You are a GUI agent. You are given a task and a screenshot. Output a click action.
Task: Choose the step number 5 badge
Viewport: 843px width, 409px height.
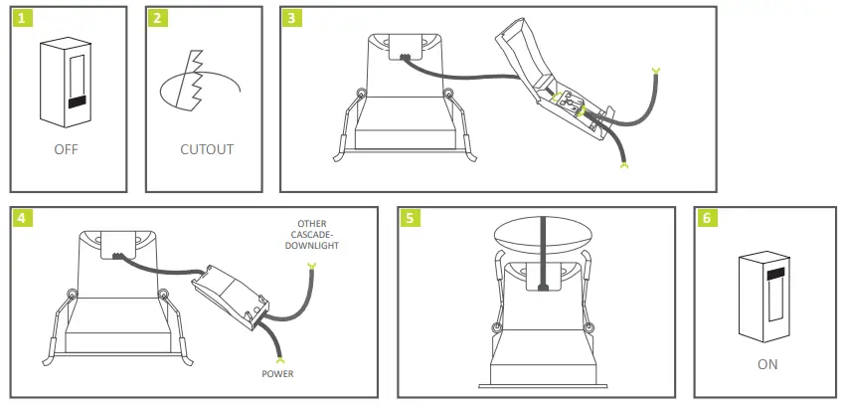409,218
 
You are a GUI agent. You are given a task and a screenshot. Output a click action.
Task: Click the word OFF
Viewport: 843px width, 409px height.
67,150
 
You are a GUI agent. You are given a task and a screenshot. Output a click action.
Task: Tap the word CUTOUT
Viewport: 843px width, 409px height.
207,150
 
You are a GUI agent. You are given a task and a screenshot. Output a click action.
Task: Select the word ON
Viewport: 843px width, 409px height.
767,364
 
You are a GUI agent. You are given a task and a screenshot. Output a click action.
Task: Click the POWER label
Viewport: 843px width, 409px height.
278,374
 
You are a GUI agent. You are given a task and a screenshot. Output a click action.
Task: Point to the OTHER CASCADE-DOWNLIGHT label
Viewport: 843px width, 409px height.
312,235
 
